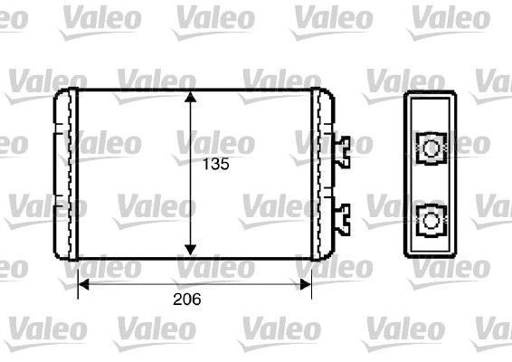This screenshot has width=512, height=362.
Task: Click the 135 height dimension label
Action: (x=213, y=165)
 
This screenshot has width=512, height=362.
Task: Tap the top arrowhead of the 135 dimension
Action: (x=190, y=97)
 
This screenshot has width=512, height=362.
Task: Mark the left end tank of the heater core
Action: (x=64, y=172)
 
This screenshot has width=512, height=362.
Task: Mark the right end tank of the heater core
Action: (x=323, y=172)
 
